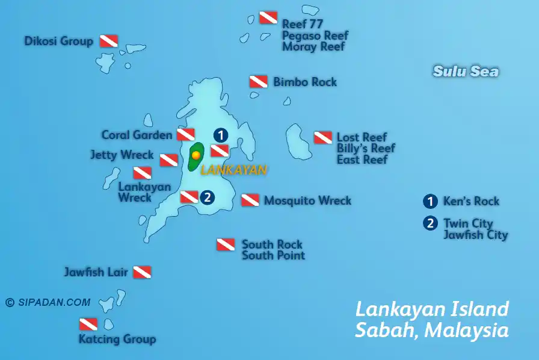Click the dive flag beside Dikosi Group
pos(108,41)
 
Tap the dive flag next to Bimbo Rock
pos(259,82)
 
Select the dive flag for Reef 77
pos(268,18)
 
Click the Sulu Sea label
pos(466,72)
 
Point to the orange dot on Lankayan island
pos(196,155)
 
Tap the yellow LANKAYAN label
pos(233,170)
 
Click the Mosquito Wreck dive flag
pos(250,200)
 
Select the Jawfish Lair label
pos(96,272)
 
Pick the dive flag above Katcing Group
pos(88,324)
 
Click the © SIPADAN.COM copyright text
pos(48,303)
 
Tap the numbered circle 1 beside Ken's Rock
pos(430,201)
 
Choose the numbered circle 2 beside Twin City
pos(430,223)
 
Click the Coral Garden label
pos(137,135)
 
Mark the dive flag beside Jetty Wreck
pos(168,160)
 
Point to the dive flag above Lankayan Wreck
pos(142,173)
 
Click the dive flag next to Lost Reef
pos(322,138)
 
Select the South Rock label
pos(272,244)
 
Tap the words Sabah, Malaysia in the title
pos(432,331)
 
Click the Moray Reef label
pos(314,47)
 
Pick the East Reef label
pos(362,160)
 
